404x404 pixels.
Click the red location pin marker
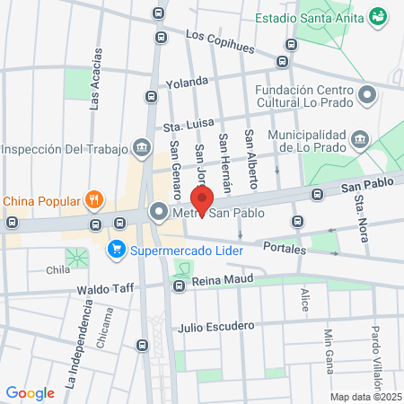[x=203, y=202]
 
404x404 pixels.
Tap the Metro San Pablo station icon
[x=159, y=213]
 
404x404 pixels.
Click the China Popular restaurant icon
[x=93, y=199]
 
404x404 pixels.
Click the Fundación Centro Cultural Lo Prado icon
[x=366, y=95]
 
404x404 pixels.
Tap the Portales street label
[x=286, y=248]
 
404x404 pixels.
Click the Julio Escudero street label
[x=215, y=327]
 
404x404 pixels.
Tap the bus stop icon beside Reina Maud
[x=180, y=286]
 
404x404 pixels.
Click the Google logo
[x=30, y=392]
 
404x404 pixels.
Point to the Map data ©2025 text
[x=364, y=397]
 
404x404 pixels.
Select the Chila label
[x=58, y=269]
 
